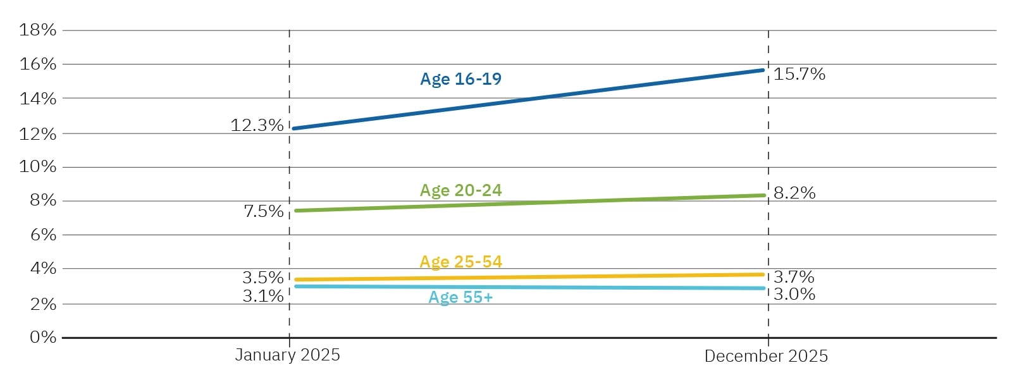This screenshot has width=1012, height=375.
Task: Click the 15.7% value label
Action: click(799, 74)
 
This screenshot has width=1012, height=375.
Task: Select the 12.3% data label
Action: click(257, 125)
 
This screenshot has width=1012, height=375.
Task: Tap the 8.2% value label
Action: click(794, 193)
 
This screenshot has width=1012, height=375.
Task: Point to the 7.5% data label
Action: click(263, 211)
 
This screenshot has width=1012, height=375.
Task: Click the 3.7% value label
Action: click(794, 277)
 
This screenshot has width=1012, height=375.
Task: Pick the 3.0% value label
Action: click(794, 294)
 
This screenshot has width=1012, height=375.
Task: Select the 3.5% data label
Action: click(262, 278)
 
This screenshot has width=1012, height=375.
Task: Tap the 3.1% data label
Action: click(262, 296)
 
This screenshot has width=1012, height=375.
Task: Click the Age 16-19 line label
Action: click(460, 79)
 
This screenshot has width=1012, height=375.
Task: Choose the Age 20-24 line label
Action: click(460, 190)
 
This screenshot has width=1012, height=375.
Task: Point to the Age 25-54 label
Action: click(460, 262)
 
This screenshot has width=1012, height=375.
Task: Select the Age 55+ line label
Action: click(460, 297)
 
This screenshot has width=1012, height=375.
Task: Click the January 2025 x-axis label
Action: click(287, 355)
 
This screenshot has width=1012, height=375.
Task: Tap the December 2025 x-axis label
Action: click(765, 356)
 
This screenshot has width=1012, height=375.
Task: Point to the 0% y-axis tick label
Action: click(42, 337)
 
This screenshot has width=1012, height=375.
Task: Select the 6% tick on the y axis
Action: click(42, 235)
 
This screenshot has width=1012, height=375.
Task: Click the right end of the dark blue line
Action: click(763, 70)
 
